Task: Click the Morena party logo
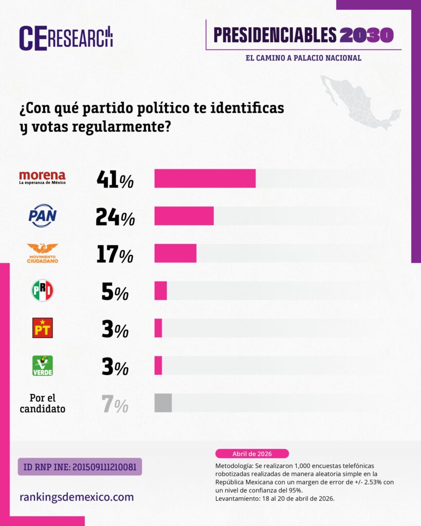click(42, 178)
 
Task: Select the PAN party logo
click(42, 216)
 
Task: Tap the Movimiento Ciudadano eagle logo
click(42, 253)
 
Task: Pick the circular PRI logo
click(42, 291)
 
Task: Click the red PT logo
click(42, 328)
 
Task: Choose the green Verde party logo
click(42, 365)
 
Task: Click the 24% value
click(115, 217)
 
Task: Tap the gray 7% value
click(115, 405)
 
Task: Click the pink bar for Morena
click(205, 178)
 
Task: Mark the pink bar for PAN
click(184, 216)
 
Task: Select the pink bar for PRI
click(160, 291)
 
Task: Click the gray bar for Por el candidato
click(163, 403)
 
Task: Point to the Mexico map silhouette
click(360, 102)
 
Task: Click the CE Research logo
click(66, 37)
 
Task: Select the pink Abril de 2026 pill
click(252, 454)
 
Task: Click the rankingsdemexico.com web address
click(77, 497)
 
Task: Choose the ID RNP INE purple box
click(80, 466)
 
